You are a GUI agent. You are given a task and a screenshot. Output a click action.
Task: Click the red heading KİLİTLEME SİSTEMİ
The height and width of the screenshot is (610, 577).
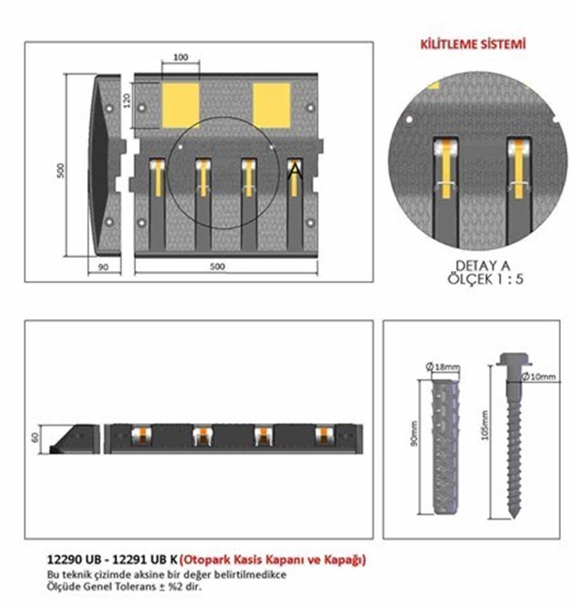[x=473, y=44]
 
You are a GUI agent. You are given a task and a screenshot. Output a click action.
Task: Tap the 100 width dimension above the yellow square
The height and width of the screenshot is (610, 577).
[x=181, y=58]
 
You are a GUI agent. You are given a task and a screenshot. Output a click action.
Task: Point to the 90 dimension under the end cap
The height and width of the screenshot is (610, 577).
[x=104, y=267]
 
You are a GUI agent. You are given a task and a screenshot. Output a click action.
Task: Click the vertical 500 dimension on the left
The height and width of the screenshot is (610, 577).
[x=62, y=169]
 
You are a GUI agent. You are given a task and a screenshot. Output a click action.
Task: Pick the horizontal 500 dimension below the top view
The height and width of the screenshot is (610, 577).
[x=218, y=267]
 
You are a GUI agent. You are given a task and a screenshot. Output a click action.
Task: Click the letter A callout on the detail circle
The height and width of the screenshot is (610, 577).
[x=294, y=170]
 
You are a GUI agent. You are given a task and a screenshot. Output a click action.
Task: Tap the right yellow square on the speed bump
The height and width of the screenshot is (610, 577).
[x=271, y=105]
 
